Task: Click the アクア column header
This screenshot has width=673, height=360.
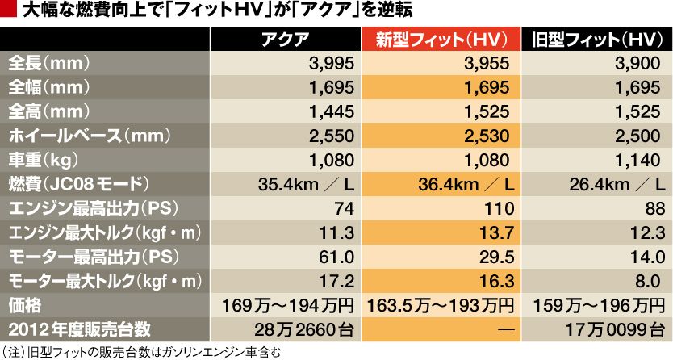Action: pyautogui.click(x=286, y=40)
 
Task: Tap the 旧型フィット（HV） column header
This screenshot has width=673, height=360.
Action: pyautogui.click(x=597, y=40)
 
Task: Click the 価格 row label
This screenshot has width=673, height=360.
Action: pyautogui.click(x=24, y=306)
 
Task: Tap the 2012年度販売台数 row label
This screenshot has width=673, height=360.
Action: pyautogui.click(x=76, y=330)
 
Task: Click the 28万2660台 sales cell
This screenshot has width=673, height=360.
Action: pyautogui.click(x=307, y=330)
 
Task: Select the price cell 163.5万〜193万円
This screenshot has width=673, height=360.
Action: pyautogui.click(x=441, y=306)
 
